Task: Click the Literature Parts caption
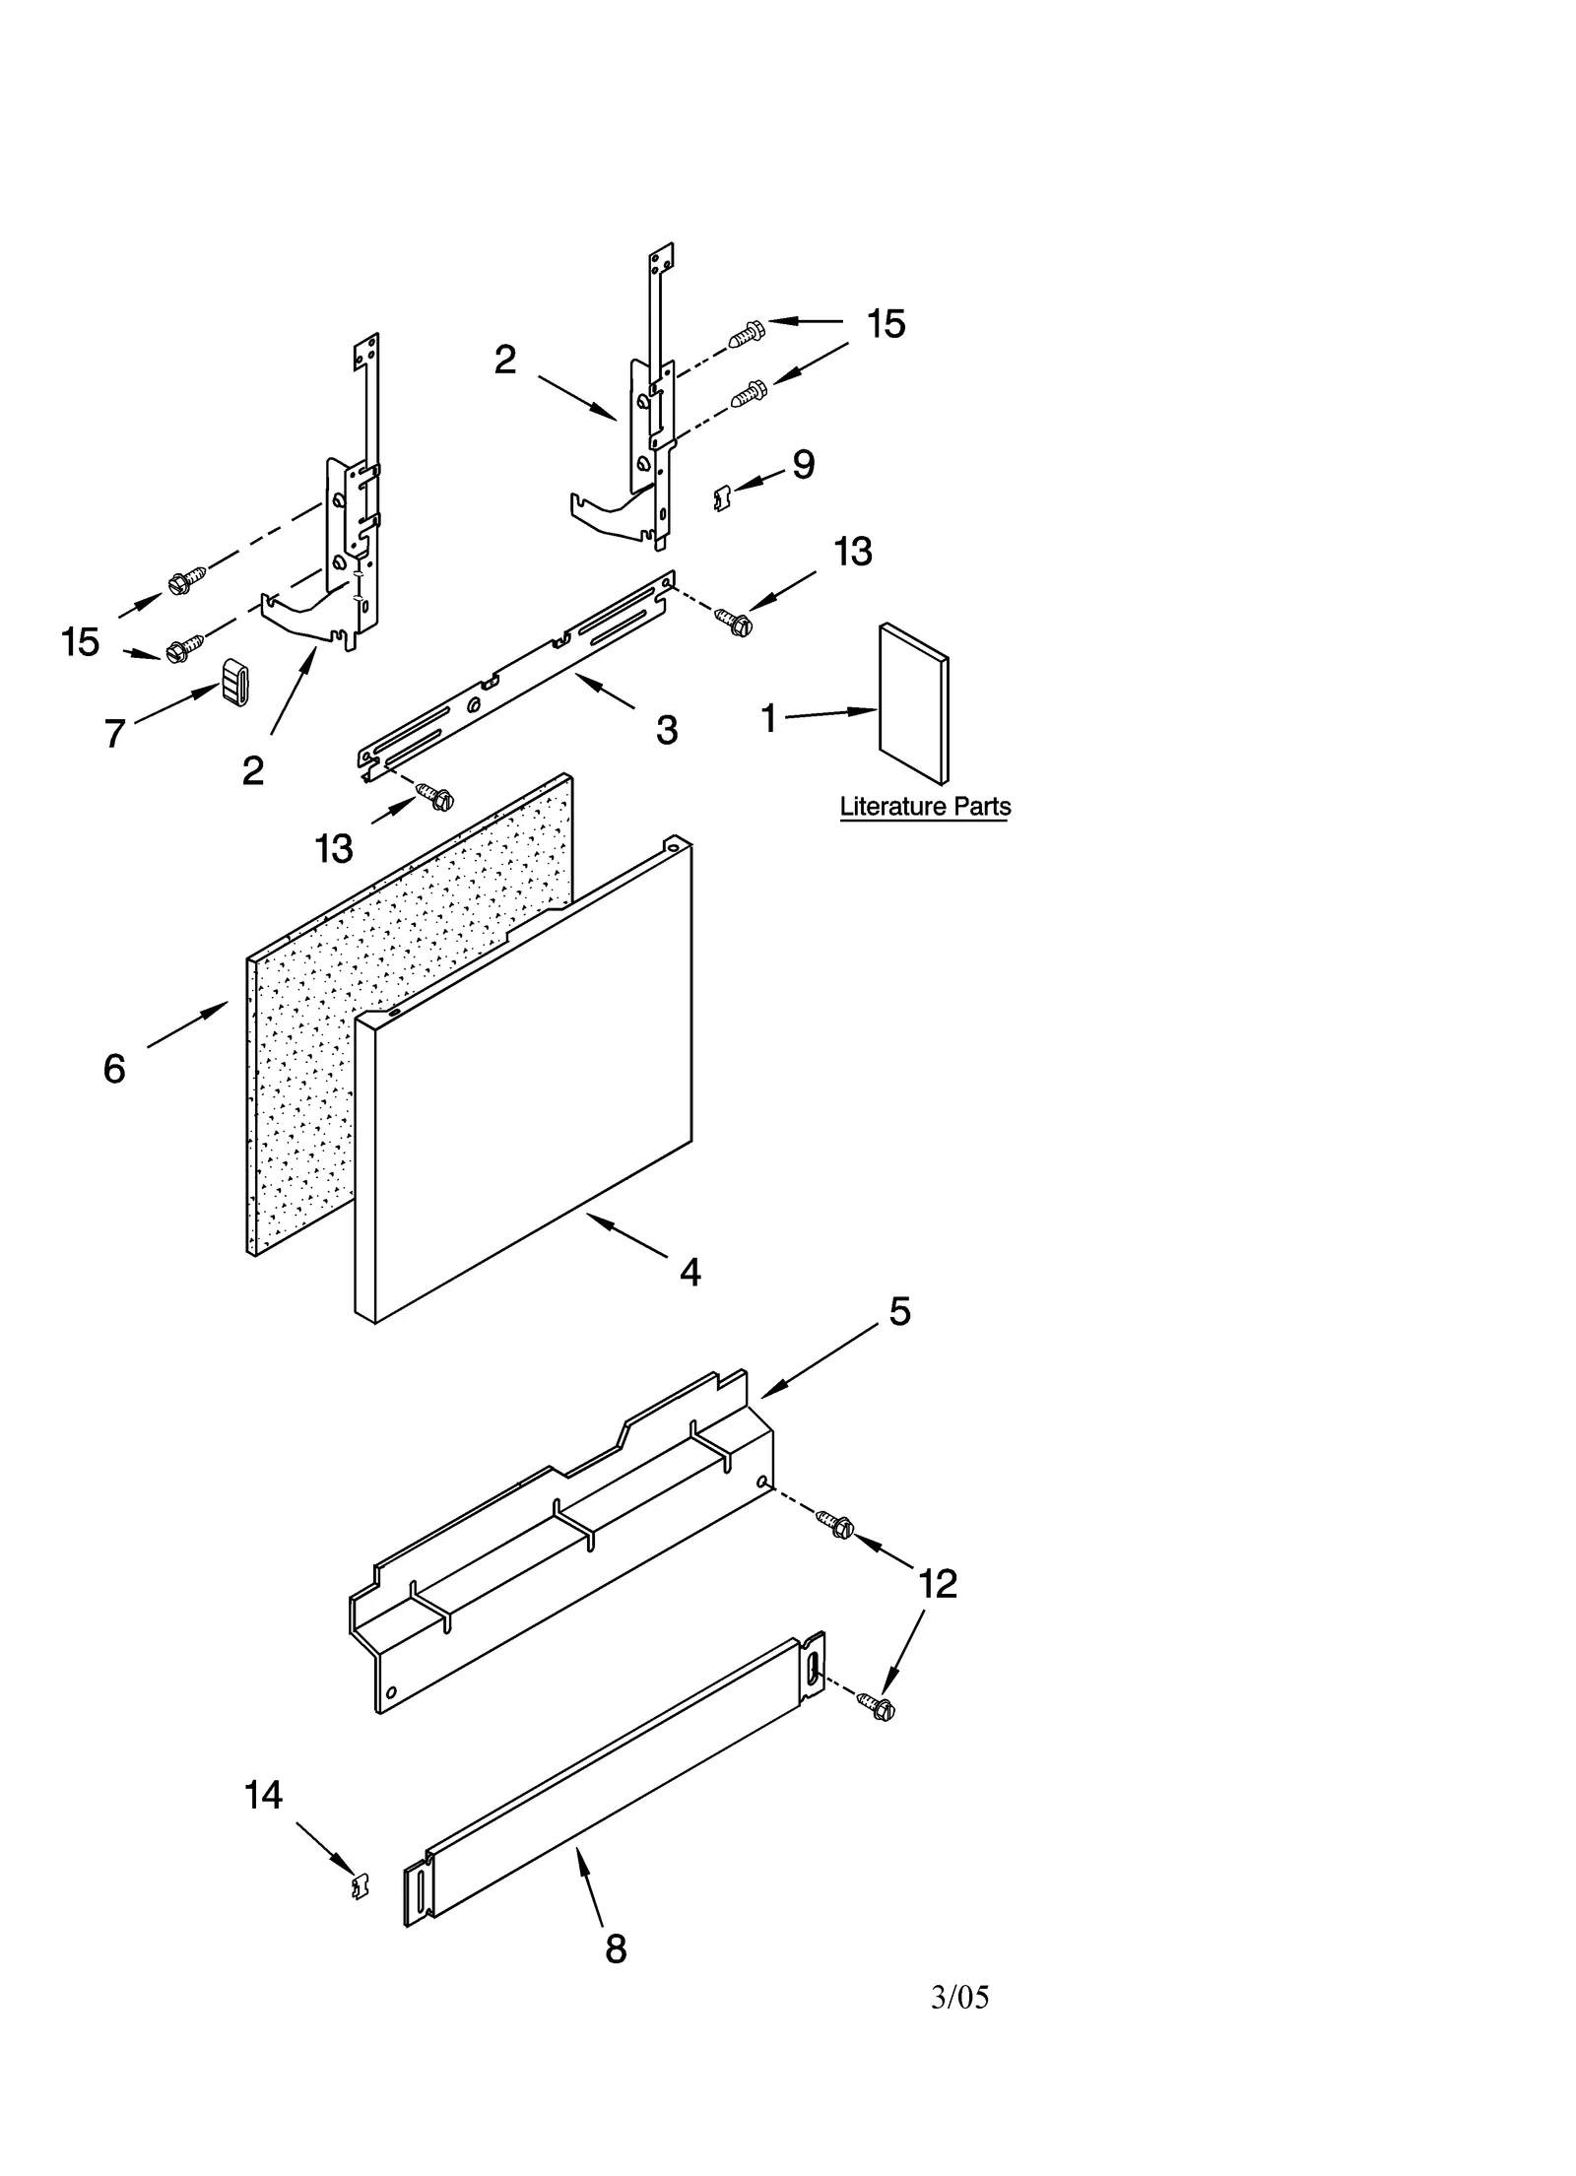[924, 807]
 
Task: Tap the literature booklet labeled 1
[914, 703]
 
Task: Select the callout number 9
[803, 465]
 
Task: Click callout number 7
[114, 734]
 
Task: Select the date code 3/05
[959, 1997]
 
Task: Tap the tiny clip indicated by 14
[361, 1885]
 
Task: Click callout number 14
[263, 1795]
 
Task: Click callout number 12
[937, 1584]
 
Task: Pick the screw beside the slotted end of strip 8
[876, 1706]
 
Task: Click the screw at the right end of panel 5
[836, 1525]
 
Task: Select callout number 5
[899, 1311]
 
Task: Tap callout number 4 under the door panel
[689, 1273]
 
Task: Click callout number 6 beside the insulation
[114, 1069]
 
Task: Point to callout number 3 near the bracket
[667, 730]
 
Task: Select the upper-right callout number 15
[886, 324]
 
